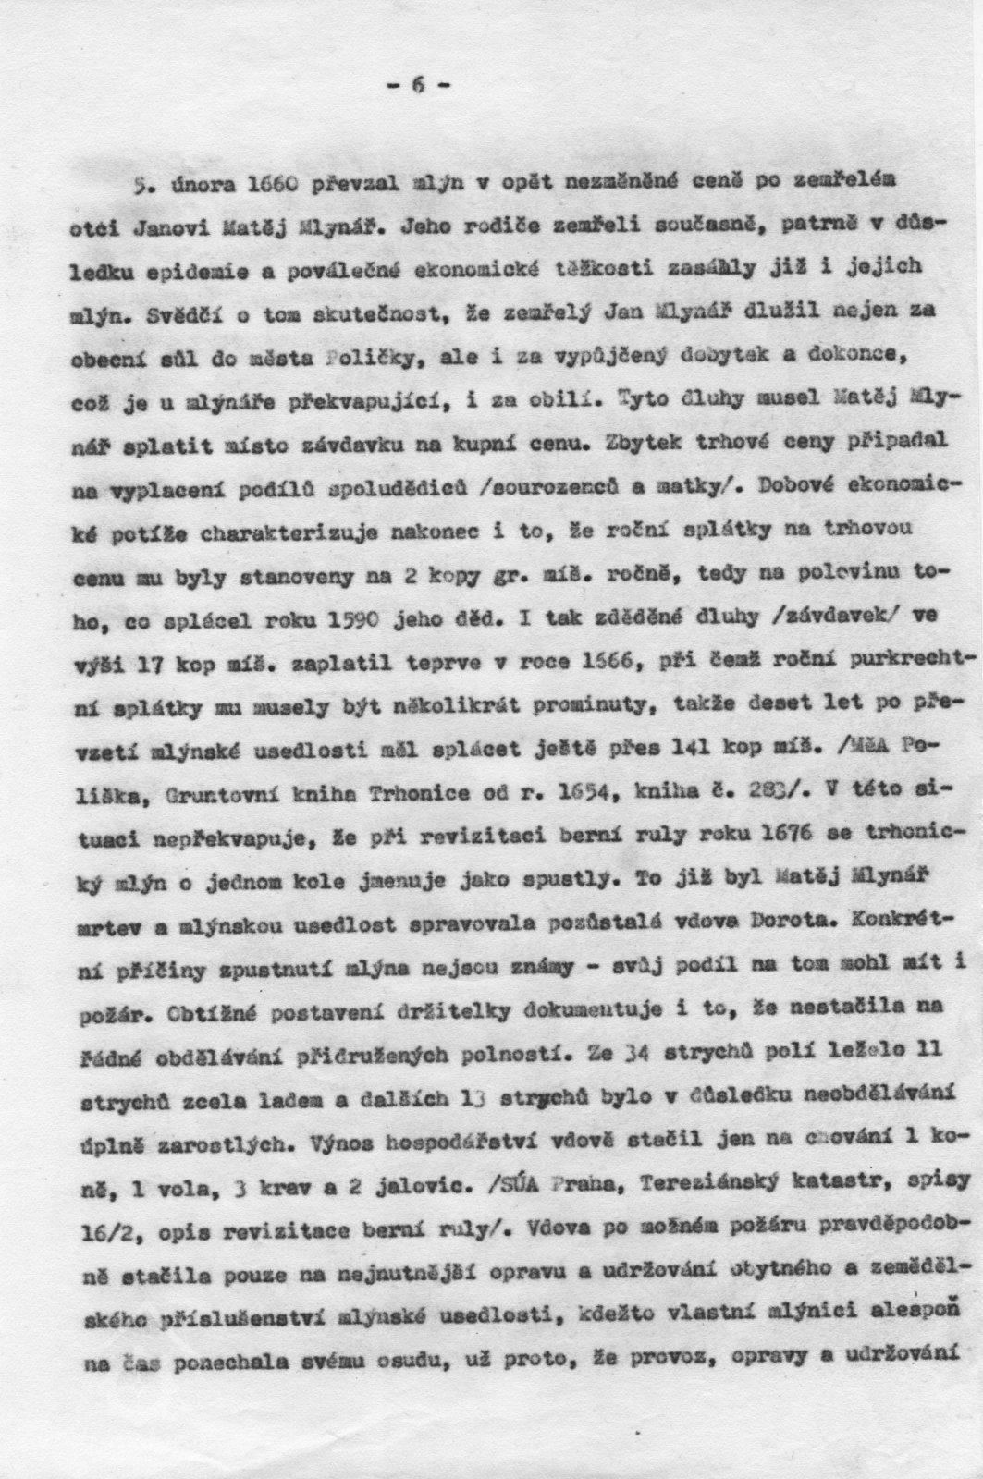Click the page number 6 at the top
click(418, 85)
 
